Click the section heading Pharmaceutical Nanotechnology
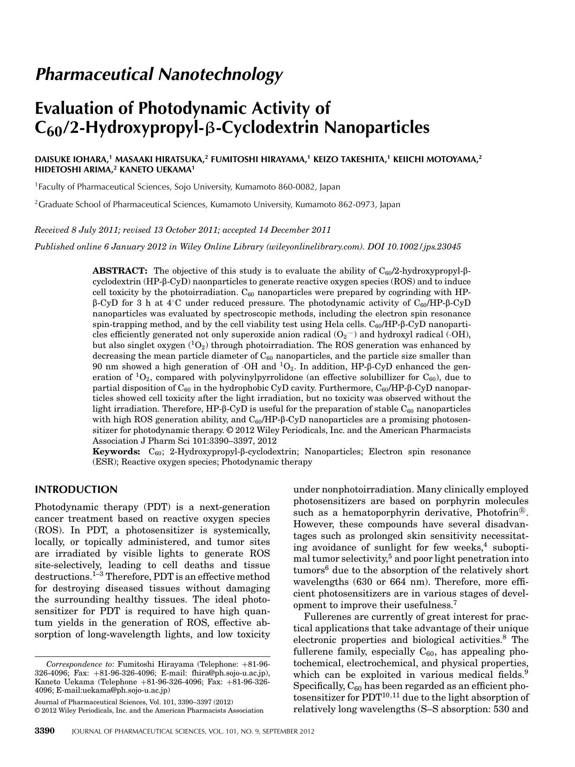[x=159, y=74]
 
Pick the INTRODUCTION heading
[x=77, y=490]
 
